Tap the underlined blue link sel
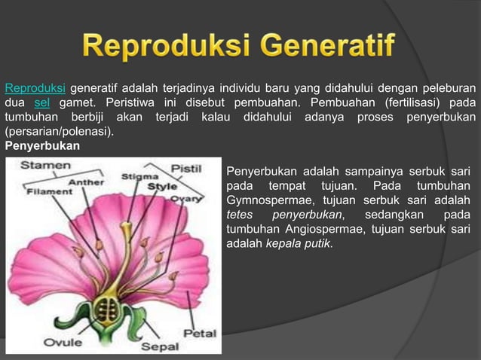click(x=41, y=102)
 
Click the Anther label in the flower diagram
click(x=86, y=182)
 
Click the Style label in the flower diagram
click(x=161, y=186)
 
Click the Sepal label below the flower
click(x=160, y=346)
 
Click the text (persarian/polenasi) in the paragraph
click(x=59, y=132)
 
